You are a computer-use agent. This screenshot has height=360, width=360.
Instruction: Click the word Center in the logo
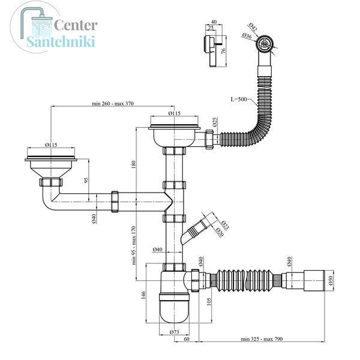(x=76, y=25)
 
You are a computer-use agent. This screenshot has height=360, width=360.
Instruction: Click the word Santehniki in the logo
(x=61, y=41)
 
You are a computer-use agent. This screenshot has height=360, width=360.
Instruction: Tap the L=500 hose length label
(x=239, y=99)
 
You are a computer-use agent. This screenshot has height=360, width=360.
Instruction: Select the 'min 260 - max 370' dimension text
(x=113, y=103)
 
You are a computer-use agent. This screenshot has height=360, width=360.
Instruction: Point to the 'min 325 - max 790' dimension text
(x=262, y=339)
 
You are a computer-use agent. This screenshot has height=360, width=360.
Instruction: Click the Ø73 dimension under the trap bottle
(x=174, y=332)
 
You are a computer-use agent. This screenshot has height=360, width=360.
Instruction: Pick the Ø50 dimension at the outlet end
(x=331, y=280)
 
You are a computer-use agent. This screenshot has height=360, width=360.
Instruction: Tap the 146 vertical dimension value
(x=143, y=295)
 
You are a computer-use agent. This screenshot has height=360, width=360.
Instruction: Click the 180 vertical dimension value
(x=134, y=164)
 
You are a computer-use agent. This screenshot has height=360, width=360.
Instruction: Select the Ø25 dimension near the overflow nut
(x=215, y=122)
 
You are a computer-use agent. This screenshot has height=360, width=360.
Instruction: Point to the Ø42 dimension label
(x=253, y=27)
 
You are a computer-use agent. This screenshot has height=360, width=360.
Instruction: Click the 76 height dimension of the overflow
(x=223, y=51)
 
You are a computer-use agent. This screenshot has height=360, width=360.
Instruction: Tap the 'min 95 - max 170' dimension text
(x=134, y=245)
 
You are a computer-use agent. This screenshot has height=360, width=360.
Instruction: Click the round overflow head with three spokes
(x=265, y=43)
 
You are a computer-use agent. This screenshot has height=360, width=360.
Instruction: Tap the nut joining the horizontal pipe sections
(x=115, y=202)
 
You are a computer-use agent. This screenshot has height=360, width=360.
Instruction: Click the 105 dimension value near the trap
(x=208, y=302)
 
